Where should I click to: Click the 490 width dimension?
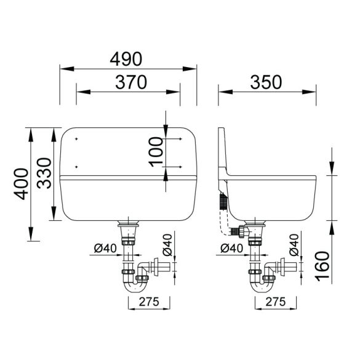point(126,59)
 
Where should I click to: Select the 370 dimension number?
point(131,82)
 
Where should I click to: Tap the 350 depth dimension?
point(266,82)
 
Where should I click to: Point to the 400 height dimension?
point(21,184)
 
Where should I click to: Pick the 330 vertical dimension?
point(44,173)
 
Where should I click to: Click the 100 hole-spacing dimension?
point(156,152)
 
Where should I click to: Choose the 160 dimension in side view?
point(322,266)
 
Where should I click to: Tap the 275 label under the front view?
point(149,302)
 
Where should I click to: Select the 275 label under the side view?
point(276,302)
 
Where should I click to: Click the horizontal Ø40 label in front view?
point(105,248)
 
